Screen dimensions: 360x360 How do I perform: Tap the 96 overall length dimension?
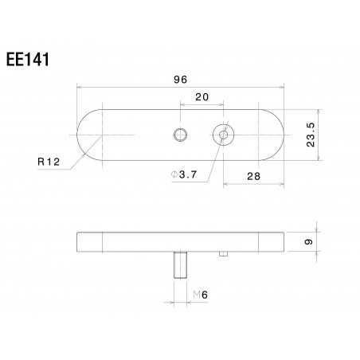pyautogui.click(x=180, y=79)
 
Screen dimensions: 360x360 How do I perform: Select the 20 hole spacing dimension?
pyautogui.click(x=201, y=97)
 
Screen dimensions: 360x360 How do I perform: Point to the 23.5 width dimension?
pyautogui.click(x=311, y=135)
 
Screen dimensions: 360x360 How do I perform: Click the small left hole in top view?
pyautogui.click(x=180, y=135)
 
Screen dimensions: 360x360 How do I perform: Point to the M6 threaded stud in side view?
pyautogui.click(x=180, y=265)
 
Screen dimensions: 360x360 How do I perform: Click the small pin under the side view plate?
pyautogui.click(x=222, y=255)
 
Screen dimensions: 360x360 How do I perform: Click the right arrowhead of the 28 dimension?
pyautogui.click(x=282, y=185)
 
